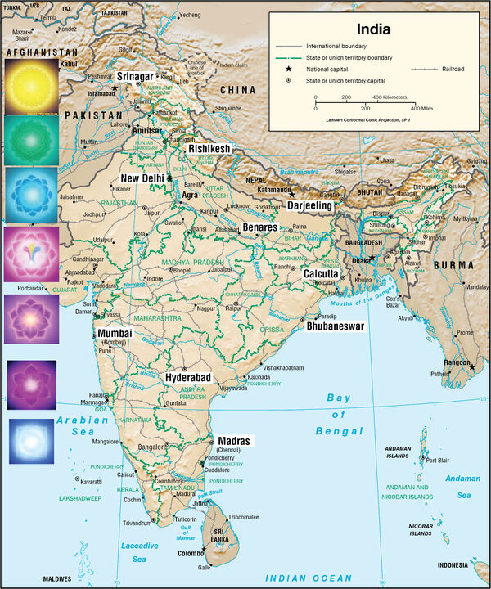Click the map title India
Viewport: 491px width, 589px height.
click(x=373, y=29)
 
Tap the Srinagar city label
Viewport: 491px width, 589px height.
click(x=134, y=77)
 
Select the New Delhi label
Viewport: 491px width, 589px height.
click(x=142, y=178)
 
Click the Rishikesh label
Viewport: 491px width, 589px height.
click(x=209, y=150)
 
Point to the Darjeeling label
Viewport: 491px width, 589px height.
click(x=310, y=206)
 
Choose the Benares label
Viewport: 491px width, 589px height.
click(x=260, y=227)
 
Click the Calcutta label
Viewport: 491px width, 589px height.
click(x=320, y=274)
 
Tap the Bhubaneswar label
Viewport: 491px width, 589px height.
click(x=335, y=326)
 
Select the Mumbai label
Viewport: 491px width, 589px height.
click(x=115, y=334)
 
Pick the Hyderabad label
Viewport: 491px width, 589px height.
click(x=188, y=378)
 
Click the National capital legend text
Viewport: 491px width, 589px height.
click(x=329, y=70)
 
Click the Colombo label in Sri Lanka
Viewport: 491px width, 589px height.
click(x=191, y=554)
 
